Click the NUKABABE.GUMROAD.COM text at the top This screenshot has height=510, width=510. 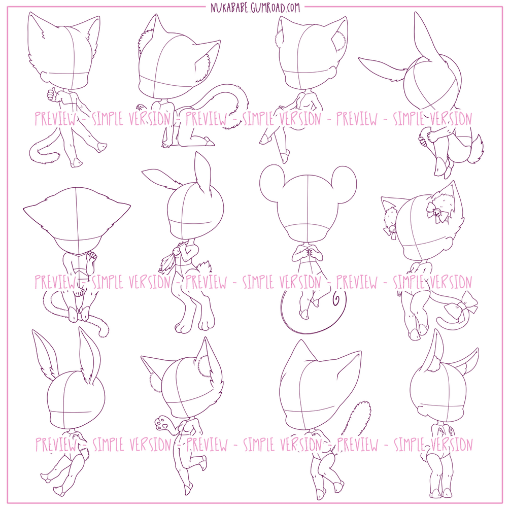[255, 7]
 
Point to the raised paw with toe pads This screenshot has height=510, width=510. [162, 423]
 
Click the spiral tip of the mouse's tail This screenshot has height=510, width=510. [335, 297]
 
